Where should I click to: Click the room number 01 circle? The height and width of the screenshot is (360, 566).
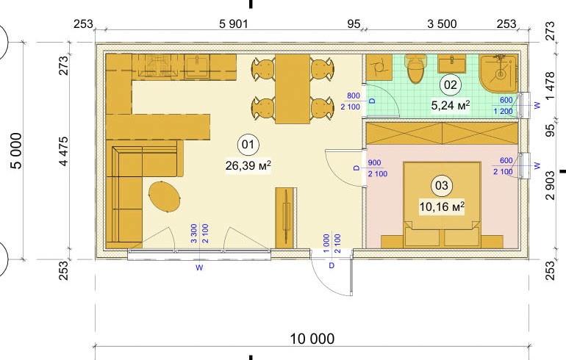(x=248, y=145)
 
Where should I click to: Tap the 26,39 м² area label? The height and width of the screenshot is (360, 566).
(x=248, y=165)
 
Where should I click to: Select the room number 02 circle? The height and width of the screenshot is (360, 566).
(x=451, y=85)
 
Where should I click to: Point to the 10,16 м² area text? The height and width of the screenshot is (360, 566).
(x=442, y=206)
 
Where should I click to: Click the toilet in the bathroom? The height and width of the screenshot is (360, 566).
(x=415, y=68)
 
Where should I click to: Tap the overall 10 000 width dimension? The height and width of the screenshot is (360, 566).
(x=312, y=339)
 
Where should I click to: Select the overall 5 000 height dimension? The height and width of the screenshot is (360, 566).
(x=17, y=151)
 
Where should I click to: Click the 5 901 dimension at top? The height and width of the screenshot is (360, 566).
(x=234, y=24)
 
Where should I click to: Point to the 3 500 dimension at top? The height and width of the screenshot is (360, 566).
(x=442, y=24)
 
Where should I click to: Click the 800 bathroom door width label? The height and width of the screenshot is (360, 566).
(x=354, y=96)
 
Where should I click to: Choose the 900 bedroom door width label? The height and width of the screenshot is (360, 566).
(x=374, y=162)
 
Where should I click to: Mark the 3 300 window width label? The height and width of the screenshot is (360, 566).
(x=194, y=234)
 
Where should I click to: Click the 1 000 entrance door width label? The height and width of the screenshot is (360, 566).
(x=326, y=243)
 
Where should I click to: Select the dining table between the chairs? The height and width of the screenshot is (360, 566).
(x=293, y=89)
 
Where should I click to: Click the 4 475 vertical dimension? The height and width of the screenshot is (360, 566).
(x=63, y=151)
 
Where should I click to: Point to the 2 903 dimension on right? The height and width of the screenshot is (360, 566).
(x=549, y=185)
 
